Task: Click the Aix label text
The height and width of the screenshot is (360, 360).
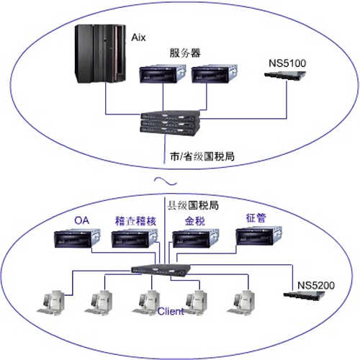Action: [x=138, y=37]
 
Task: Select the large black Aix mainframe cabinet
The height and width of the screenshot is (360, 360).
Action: [x=100, y=54]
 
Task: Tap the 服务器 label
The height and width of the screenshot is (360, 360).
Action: [x=185, y=53]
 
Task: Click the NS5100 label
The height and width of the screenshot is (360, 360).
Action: [x=287, y=63]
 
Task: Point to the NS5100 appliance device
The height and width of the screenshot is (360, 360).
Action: [x=285, y=76]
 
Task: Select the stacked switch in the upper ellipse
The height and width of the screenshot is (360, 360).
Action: [x=170, y=122]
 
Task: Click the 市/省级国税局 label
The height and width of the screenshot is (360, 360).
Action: [x=202, y=156]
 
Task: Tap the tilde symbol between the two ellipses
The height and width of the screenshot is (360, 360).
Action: [x=166, y=181]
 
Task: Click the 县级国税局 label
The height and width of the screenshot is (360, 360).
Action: [x=193, y=205]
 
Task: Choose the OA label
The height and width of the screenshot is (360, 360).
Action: [x=82, y=220]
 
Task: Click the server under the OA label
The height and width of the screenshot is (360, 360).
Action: [x=77, y=238]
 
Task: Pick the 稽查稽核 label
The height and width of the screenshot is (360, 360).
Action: [x=135, y=221]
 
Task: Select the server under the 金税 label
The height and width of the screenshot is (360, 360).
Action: [x=196, y=238]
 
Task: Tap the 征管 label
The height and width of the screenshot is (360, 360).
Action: [x=256, y=218]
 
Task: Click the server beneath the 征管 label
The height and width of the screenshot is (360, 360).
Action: [x=259, y=235]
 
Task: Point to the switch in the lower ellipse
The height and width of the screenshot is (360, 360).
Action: [x=161, y=269]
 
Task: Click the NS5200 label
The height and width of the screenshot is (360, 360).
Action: [x=316, y=285]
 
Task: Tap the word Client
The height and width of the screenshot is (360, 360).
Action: [x=171, y=311]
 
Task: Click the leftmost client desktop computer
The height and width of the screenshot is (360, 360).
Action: [x=51, y=302]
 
